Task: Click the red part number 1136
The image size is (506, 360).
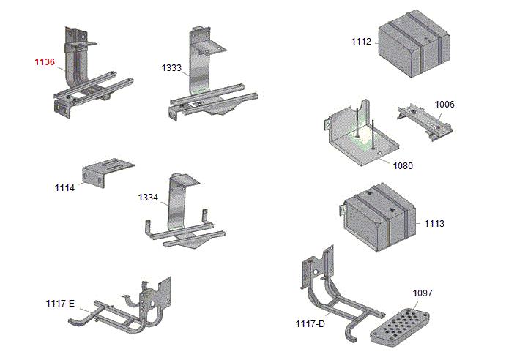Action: [x=44, y=62]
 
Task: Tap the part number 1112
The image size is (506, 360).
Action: [x=361, y=42]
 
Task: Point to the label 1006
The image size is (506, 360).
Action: [x=444, y=105]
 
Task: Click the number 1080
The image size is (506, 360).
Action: [x=403, y=165]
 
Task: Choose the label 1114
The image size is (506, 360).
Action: [x=64, y=188]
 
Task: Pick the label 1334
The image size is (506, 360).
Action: [x=148, y=198]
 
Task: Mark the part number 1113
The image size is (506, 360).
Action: [x=434, y=222]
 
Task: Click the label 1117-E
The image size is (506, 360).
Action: [x=60, y=303]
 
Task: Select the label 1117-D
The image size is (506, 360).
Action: [x=310, y=323]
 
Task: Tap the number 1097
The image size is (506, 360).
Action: [x=423, y=293]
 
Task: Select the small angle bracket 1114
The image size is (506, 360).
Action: [x=106, y=173]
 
